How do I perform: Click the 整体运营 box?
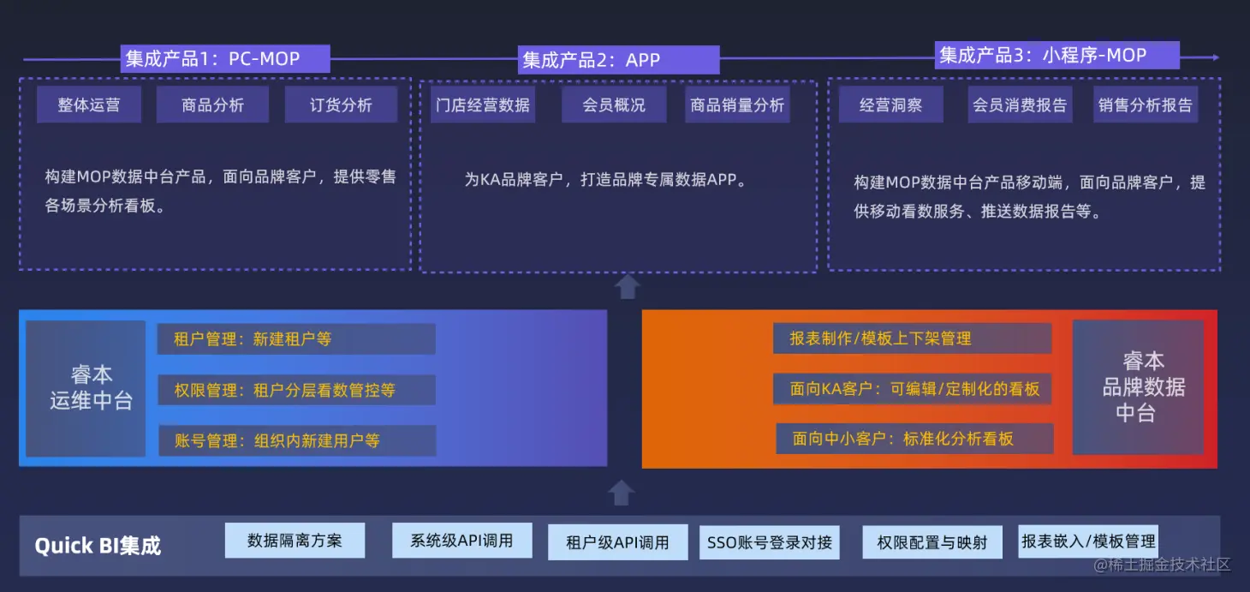click(89, 105)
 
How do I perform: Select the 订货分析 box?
click(341, 105)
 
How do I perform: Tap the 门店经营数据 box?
click(483, 105)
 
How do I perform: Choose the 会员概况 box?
click(614, 105)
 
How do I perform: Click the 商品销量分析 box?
click(737, 105)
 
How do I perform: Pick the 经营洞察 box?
click(890, 105)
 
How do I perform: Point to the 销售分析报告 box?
click(1146, 105)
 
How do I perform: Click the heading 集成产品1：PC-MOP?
click(224, 58)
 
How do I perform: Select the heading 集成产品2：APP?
click(618, 60)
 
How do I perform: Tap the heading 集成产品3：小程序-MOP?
click(1057, 56)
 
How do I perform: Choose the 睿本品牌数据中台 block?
click(1138, 387)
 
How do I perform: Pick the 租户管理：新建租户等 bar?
click(296, 338)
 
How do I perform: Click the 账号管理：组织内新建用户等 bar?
click(296, 440)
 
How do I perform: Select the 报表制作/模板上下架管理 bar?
click(912, 338)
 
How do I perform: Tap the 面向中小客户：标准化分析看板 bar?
click(914, 439)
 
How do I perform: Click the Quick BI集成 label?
click(98, 546)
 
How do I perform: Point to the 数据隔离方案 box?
click(295, 541)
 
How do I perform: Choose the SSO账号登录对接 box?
click(770, 542)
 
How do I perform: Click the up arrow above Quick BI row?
click(622, 493)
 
